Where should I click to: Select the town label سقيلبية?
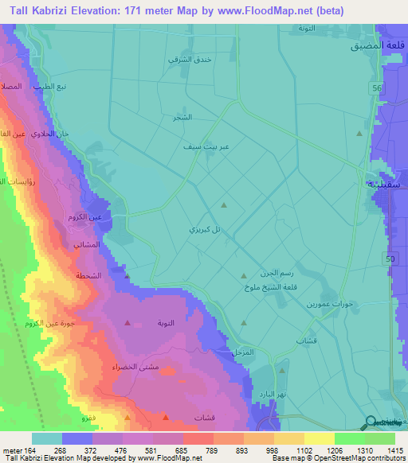pos(385,184)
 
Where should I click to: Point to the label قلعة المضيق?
pos(379,47)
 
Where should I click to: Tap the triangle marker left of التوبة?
pos(128,323)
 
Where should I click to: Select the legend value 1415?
pos(395,449)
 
